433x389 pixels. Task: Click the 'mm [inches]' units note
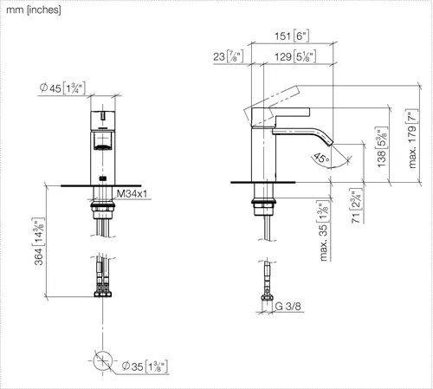[x=34, y=10]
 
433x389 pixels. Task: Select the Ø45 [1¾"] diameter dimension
[x=62, y=88]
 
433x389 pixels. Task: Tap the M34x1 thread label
[x=132, y=193]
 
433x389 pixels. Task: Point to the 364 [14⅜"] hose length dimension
[x=39, y=241]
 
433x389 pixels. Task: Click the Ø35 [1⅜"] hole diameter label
[x=145, y=366]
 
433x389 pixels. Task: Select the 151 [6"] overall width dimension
[x=292, y=36]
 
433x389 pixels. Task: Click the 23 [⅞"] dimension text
[x=228, y=56]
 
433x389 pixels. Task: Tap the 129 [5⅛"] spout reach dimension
[x=294, y=56]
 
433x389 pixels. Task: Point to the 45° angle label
[x=321, y=158]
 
